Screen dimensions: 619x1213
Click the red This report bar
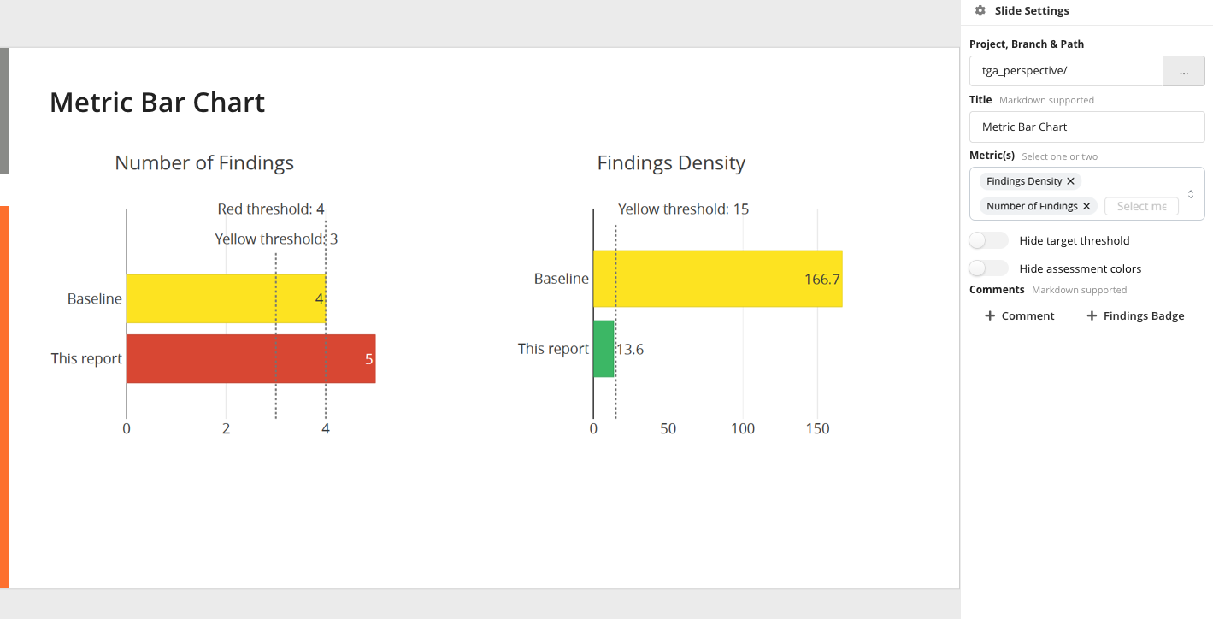pyautogui.click(x=250, y=359)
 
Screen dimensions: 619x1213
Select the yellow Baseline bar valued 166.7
pyautogui.click(x=717, y=279)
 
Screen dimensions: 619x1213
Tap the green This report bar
pyautogui.click(x=604, y=349)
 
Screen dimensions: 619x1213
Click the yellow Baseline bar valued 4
pyautogui.click(x=226, y=298)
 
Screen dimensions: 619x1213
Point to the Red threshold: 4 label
pyautogui.click(x=271, y=209)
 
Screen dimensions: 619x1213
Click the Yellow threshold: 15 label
pyautogui.click(x=683, y=209)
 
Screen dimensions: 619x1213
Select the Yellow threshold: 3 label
pyautogui.click(x=276, y=239)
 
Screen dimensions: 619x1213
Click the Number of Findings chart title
pyautogui.click(x=204, y=162)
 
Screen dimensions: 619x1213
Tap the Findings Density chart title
pyautogui.click(x=671, y=162)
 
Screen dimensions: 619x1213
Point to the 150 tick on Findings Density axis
pyautogui.click(x=817, y=428)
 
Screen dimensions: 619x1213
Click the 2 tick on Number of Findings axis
pyautogui.click(x=226, y=428)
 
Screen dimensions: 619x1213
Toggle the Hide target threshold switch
pyautogui.click(x=988, y=240)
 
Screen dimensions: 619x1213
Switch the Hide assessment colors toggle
pyautogui.click(x=988, y=268)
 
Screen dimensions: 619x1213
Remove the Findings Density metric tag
pyautogui.click(x=1070, y=181)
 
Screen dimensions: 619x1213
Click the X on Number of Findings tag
pyautogui.click(x=1086, y=206)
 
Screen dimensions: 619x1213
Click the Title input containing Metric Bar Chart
pyautogui.click(x=1086, y=127)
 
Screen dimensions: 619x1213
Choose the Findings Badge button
pyautogui.click(x=1135, y=315)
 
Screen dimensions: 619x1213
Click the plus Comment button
pyautogui.click(x=1020, y=315)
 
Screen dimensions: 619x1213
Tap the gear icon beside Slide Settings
pyautogui.click(x=980, y=11)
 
